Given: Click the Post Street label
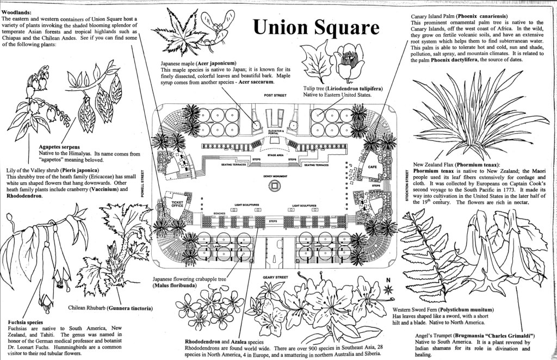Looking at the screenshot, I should pos(275,95).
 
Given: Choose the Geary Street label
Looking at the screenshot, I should pos(275,277).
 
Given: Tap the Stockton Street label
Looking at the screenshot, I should pos(407,186).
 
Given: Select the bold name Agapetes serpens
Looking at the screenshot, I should pos(59,147).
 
